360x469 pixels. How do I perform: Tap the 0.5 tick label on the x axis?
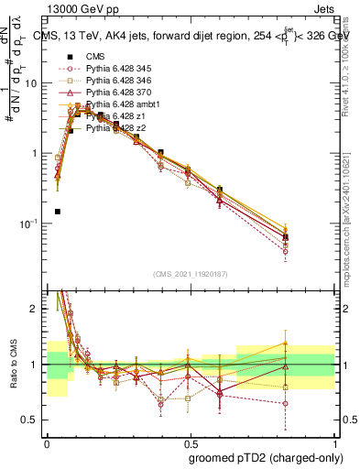click(x=189, y=442)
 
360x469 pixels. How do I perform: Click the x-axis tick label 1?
click(x=332, y=442)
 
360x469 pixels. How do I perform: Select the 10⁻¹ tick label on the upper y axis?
click(x=29, y=224)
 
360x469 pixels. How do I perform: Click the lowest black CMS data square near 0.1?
click(x=57, y=212)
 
